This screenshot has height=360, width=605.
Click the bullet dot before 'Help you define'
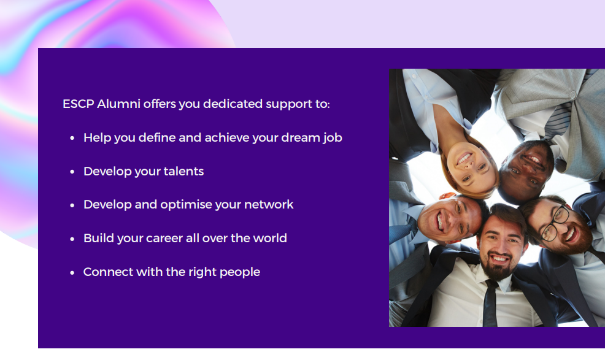tap(72, 138)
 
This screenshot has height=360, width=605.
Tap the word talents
tap(183, 171)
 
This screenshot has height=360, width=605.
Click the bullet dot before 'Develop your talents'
tap(72, 172)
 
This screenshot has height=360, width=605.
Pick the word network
tap(269, 204)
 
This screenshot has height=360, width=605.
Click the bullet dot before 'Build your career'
tap(72, 239)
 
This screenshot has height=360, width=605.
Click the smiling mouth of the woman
tap(464, 158)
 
